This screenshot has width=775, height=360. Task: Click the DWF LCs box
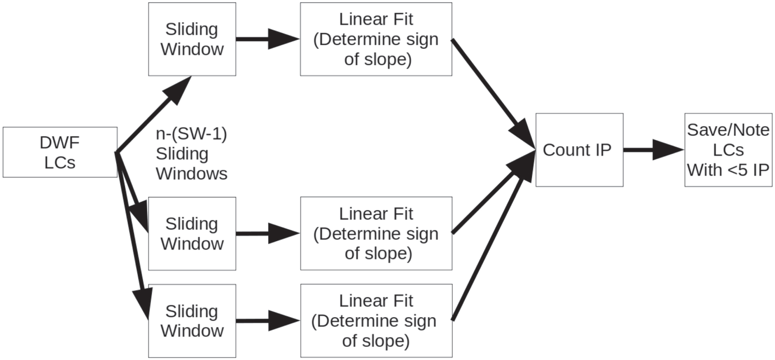coord(60,152)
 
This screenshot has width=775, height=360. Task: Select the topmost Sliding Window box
coord(192,39)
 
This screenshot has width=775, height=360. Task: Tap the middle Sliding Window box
coord(192,233)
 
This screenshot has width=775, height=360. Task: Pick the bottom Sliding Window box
coord(192,321)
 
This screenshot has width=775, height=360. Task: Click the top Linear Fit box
coord(376,39)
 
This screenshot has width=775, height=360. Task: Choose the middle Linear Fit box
coord(376,233)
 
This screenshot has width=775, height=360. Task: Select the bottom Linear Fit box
coord(376,321)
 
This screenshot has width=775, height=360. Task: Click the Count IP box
coord(579,150)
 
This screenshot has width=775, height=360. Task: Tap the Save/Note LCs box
coord(728,150)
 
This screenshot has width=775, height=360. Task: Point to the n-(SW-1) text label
coord(192,134)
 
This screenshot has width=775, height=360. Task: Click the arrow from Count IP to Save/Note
coord(654,150)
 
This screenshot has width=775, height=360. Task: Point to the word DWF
coord(60,143)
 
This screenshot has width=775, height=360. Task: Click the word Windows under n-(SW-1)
coord(192,174)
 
